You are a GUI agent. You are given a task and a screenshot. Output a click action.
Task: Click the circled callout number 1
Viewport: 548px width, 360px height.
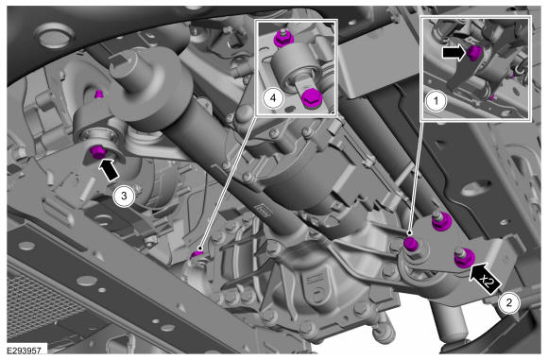(x=436, y=101)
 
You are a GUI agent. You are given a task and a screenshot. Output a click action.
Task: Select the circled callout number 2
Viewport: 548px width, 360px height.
(x=508, y=302)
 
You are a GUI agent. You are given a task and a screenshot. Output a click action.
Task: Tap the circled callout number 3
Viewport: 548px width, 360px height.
(x=124, y=196)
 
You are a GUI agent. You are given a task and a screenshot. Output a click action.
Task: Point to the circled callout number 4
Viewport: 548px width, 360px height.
(x=273, y=98)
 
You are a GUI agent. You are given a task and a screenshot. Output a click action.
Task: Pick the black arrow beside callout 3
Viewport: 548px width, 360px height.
(x=109, y=170)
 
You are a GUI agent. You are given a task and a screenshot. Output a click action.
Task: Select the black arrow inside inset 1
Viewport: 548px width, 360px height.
(x=454, y=53)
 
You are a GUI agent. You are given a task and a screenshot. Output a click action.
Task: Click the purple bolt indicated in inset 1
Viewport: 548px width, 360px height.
(x=474, y=53)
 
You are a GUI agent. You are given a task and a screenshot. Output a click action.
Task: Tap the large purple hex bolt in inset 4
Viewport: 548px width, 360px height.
(x=310, y=98)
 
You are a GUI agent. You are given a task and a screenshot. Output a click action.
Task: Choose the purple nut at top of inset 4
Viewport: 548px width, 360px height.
(x=283, y=38)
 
